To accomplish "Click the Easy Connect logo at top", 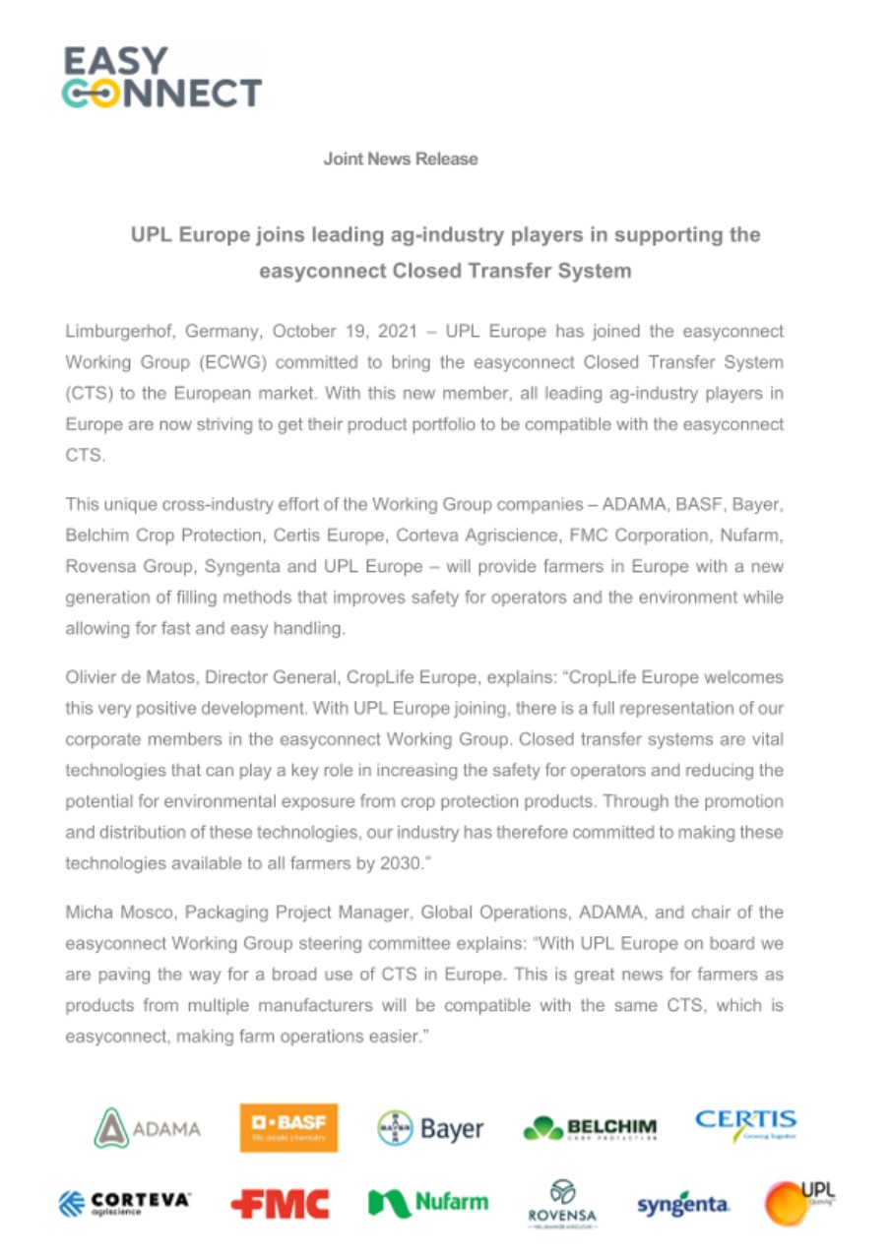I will tap(163, 77).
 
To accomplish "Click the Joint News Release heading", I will tap(401, 158).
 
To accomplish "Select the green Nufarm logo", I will tap(428, 1202).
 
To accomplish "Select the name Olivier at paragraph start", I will tap(92, 679).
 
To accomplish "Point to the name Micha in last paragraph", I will tap(88, 914).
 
